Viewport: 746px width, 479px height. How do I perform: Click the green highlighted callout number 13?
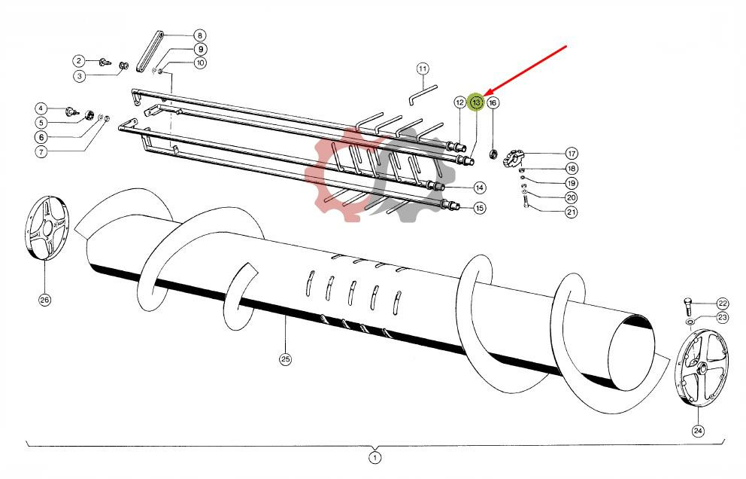tap(475, 102)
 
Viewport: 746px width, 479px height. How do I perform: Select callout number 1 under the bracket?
tap(375, 457)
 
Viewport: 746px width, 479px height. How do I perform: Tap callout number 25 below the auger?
tap(285, 359)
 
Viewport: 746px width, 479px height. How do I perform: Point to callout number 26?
tap(44, 300)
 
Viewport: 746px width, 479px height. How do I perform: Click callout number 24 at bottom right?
tap(699, 431)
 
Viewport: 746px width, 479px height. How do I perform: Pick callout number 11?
tap(423, 69)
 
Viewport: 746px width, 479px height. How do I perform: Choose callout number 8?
tap(199, 35)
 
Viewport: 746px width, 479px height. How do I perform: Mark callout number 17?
tap(572, 154)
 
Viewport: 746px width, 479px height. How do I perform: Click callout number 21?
tap(572, 212)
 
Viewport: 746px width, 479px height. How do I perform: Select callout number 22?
tap(722, 303)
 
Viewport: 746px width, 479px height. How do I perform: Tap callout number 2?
tap(78, 60)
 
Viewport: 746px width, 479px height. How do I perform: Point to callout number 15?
tap(479, 208)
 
